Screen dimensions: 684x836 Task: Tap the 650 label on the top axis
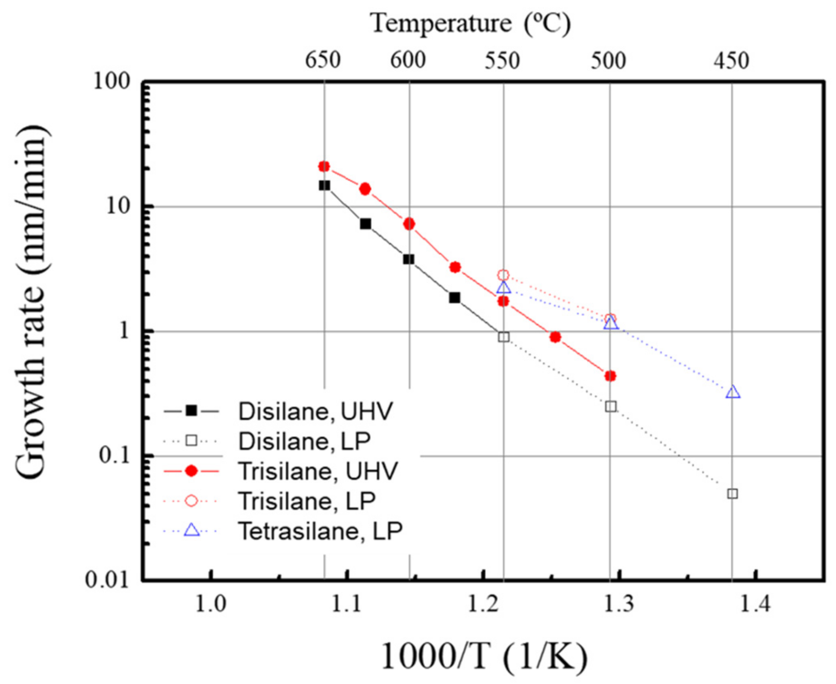point(323,60)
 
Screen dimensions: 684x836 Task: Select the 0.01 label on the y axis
point(107,579)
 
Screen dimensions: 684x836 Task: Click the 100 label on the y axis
point(112,81)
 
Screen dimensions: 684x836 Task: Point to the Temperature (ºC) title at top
point(470,23)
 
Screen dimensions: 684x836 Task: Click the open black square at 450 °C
point(732,494)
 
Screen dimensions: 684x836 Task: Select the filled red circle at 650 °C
point(324,167)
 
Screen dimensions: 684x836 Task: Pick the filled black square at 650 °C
point(324,185)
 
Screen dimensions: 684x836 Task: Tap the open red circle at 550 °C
point(503,275)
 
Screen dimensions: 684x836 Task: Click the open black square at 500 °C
point(611,406)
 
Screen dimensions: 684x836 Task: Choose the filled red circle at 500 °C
point(610,376)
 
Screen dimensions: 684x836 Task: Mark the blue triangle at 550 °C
point(503,288)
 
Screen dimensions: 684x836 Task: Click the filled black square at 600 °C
point(409,259)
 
